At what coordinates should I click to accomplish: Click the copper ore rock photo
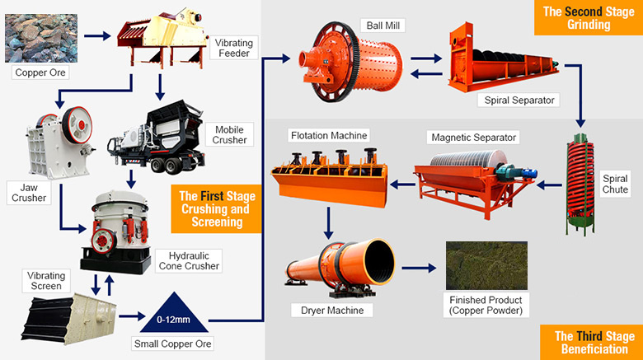(41, 38)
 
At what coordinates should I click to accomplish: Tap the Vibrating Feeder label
(234, 48)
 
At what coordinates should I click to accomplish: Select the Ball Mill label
(383, 26)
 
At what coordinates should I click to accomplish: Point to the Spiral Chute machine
(580, 183)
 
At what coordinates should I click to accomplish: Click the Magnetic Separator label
(474, 138)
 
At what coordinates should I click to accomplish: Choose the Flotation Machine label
(329, 135)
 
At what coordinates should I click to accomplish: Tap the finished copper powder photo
(486, 266)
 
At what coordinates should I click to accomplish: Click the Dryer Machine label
(332, 311)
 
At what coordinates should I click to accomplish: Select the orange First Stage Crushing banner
(217, 208)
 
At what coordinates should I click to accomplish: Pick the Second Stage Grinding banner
(589, 17)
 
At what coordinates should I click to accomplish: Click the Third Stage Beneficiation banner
(594, 343)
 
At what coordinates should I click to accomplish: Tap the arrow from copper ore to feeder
(97, 36)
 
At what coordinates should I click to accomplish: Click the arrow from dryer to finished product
(419, 269)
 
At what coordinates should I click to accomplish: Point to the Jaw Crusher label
(29, 193)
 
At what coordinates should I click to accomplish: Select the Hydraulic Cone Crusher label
(189, 261)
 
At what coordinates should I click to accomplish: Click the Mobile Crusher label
(229, 134)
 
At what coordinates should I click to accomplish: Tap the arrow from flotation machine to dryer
(328, 223)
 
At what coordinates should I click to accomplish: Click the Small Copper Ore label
(172, 344)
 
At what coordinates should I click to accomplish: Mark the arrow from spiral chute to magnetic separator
(549, 185)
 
